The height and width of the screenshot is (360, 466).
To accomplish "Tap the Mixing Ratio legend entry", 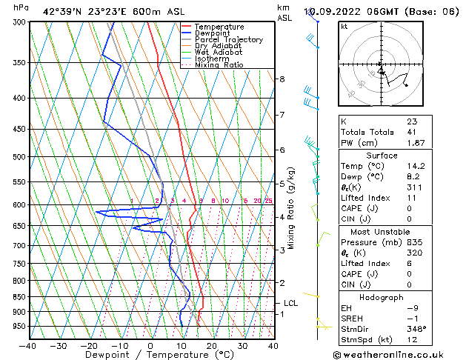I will [219, 65].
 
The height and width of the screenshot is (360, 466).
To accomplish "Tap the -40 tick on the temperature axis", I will [28, 345].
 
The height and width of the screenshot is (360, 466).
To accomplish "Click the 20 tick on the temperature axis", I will [211, 345].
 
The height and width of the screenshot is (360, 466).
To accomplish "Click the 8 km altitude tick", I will [282, 79].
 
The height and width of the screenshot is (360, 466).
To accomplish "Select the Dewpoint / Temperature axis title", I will [150, 355].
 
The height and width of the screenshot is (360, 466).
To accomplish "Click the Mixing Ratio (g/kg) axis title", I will [291, 207].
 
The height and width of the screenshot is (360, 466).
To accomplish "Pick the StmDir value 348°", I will [416, 329].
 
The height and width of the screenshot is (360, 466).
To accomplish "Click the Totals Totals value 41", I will [411, 132].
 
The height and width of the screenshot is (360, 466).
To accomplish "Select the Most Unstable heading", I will [382, 231].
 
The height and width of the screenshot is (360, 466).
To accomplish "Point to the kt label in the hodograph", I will [344, 27].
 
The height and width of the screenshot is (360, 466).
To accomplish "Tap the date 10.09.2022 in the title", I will [332, 11].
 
